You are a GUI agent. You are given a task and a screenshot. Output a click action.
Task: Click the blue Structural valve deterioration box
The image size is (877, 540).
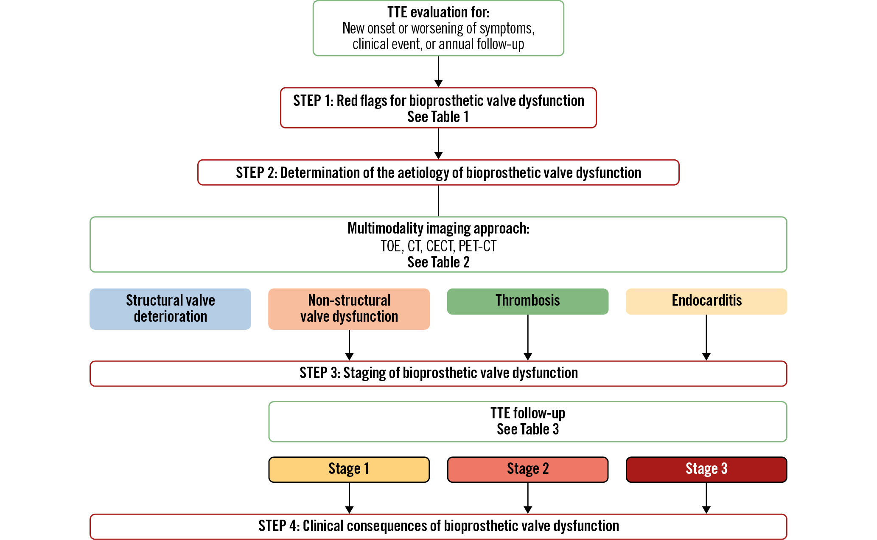click(x=170, y=309)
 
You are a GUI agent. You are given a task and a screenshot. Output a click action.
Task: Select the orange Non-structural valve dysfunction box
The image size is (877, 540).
click(x=349, y=309)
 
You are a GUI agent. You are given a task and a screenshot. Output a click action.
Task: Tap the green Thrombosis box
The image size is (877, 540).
click(x=527, y=301)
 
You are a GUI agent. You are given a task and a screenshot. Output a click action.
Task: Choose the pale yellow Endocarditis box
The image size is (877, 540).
click(x=706, y=301)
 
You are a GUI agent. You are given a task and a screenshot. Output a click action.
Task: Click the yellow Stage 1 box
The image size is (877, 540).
click(x=349, y=469)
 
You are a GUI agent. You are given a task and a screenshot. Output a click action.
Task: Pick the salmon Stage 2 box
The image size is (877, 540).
click(x=527, y=469)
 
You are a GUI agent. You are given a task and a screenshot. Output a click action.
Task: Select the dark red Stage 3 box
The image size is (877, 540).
click(x=706, y=469)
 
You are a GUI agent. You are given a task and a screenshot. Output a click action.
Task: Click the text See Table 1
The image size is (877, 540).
click(x=438, y=117)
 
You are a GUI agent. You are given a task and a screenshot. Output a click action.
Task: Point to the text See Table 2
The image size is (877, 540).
click(x=438, y=262)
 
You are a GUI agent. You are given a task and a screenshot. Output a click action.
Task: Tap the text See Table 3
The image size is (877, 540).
click(x=527, y=429)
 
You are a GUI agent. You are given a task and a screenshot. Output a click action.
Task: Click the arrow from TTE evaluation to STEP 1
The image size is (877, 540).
click(x=438, y=72)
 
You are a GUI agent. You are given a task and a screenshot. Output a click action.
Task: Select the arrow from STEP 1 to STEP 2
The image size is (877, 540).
click(x=438, y=144)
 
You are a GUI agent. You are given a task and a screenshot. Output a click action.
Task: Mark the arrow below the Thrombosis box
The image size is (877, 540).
click(x=527, y=338)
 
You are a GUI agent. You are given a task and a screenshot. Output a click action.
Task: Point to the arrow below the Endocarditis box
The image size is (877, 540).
click(x=706, y=338)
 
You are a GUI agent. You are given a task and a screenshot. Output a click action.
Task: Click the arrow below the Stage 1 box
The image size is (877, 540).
click(x=349, y=498)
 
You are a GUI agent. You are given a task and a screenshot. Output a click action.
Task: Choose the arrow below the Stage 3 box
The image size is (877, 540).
click(x=706, y=498)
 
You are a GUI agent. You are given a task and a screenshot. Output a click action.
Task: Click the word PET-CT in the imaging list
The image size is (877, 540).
click(x=477, y=246)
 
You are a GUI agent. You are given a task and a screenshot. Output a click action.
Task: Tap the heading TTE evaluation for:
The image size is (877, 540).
click(x=438, y=12)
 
